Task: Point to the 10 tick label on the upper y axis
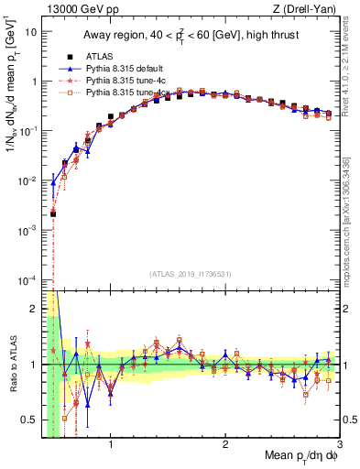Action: [x=31, y=31]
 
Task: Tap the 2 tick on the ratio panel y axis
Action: [x=34, y=308]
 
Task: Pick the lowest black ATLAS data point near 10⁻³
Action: [x=54, y=214]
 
